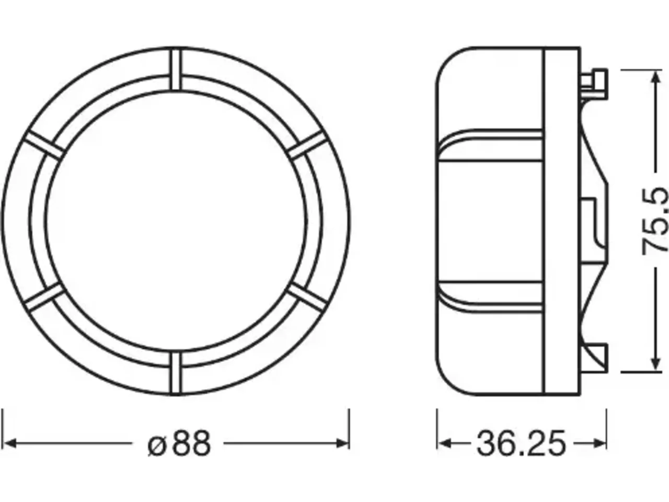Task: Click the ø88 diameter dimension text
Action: pyautogui.click(x=179, y=443)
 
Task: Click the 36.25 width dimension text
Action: pyautogui.click(x=521, y=443)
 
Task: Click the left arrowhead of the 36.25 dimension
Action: pyautogui.click(x=444, y=443)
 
